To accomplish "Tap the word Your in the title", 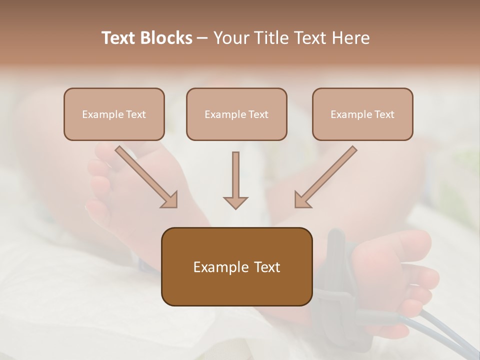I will tap(231, 38).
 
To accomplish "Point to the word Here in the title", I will tap(352, 38).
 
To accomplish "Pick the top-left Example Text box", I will tap(114, 114).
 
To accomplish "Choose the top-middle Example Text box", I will tap(236, 114).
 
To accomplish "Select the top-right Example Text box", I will tap(362, 114).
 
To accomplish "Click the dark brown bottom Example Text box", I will tap(236, 266).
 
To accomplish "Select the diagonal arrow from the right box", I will tap(325, 177).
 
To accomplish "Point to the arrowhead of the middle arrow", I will tap(235, 202).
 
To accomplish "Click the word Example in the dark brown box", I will tap(214, 267).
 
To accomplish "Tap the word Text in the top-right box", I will tap(384, 114).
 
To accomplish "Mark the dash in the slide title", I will tap(202, 38).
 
